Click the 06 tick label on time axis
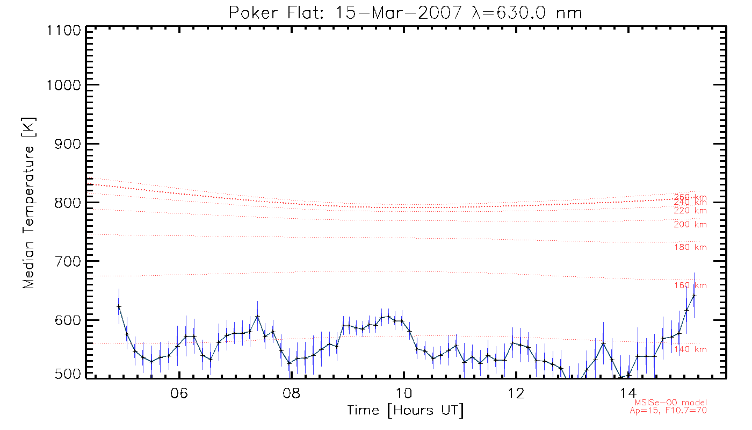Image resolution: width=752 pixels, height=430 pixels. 179,394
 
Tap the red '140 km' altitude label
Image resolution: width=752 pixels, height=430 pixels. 690,350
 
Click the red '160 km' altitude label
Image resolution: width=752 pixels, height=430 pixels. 690,285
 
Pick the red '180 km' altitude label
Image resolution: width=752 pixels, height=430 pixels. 690,247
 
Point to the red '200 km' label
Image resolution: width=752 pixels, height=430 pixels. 690,225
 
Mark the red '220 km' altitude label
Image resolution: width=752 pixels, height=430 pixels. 690,211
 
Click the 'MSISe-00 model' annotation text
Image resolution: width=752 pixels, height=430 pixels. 671,403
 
